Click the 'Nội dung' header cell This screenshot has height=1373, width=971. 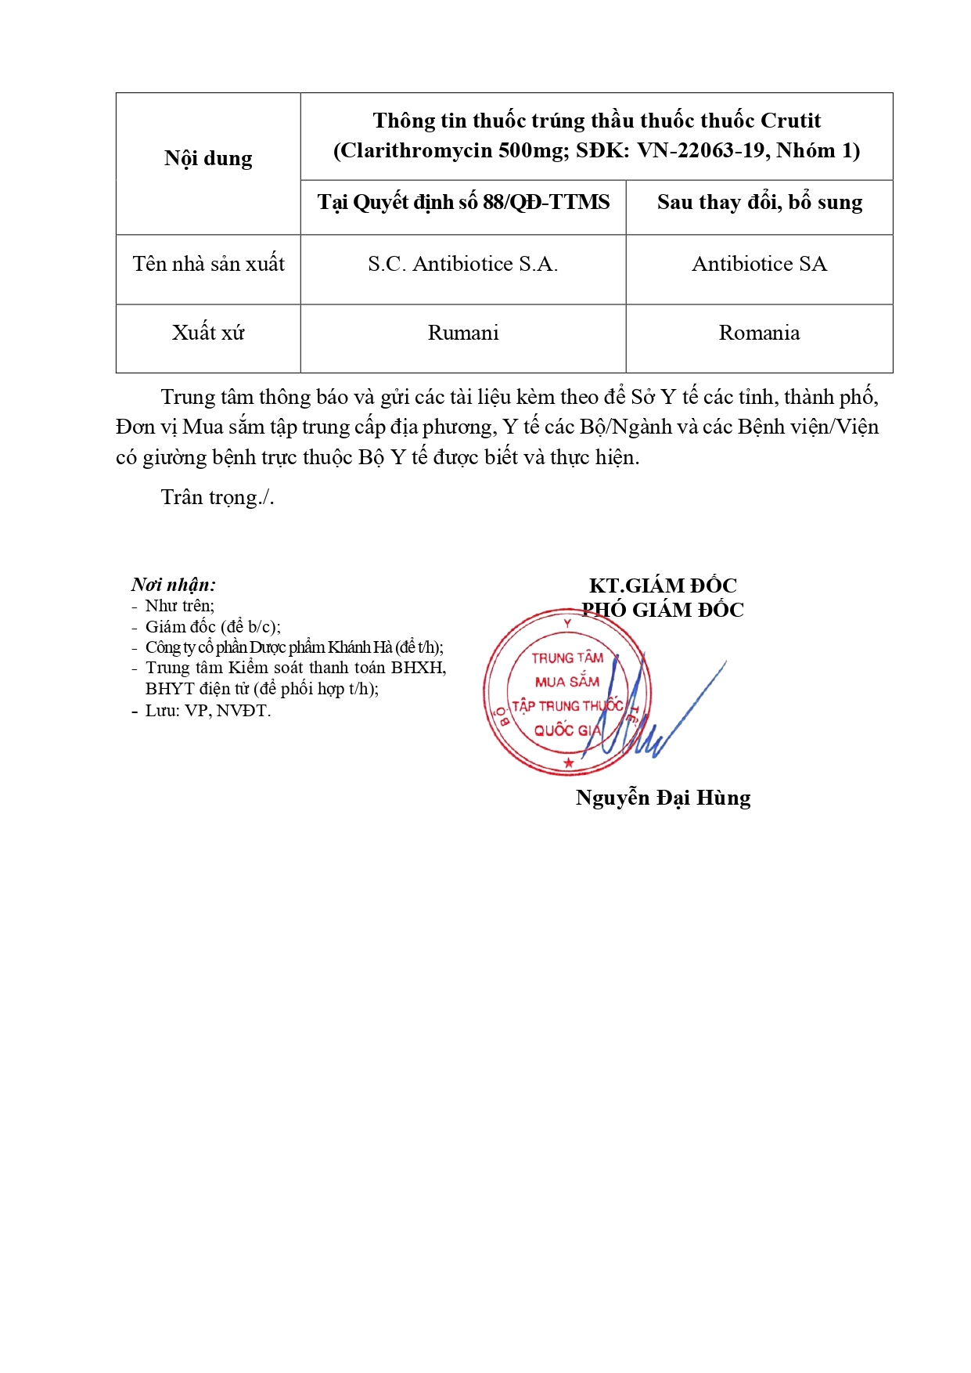pyautogui.click(x=208, y=159)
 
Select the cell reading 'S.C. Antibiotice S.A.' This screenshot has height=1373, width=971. pyautogui.click(x=462, y=265)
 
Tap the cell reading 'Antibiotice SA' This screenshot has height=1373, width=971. pyautogui.click(x=759, y=265)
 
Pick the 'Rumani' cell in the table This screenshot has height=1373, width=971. pyautogui.click(x=462, y=333)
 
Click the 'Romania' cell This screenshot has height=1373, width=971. pyautogui.click(x=759, y=333)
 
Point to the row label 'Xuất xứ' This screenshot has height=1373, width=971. pyautogui.click(x=208, y=333)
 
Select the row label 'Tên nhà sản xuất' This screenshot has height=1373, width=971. pyautogui.click(x=208, y=265)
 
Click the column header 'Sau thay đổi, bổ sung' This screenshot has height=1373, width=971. pyautogui.click(x=759, y=203)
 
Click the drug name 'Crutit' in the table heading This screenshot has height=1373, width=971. pyautogui.click(x=790, y=121)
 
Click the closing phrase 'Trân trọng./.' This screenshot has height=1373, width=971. pyautogui.click(x=218, y=498)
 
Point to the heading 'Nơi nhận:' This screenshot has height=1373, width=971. pyautogui.click(x=174, y=585)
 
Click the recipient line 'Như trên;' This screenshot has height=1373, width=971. pyautogui.click(x=179, y=606)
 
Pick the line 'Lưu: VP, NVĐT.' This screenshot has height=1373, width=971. pyautogui.click(x=207, y=711)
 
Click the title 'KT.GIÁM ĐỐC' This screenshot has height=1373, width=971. pyautogui.click(x=663, y=586)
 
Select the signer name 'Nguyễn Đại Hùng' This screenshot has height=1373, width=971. pyautogui.click(x=663, y=798)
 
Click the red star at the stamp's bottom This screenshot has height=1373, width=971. pyautogui.click(x=569, y=762)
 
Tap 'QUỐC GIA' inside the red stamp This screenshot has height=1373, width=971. pyautogui.click(x=567, y=730)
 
